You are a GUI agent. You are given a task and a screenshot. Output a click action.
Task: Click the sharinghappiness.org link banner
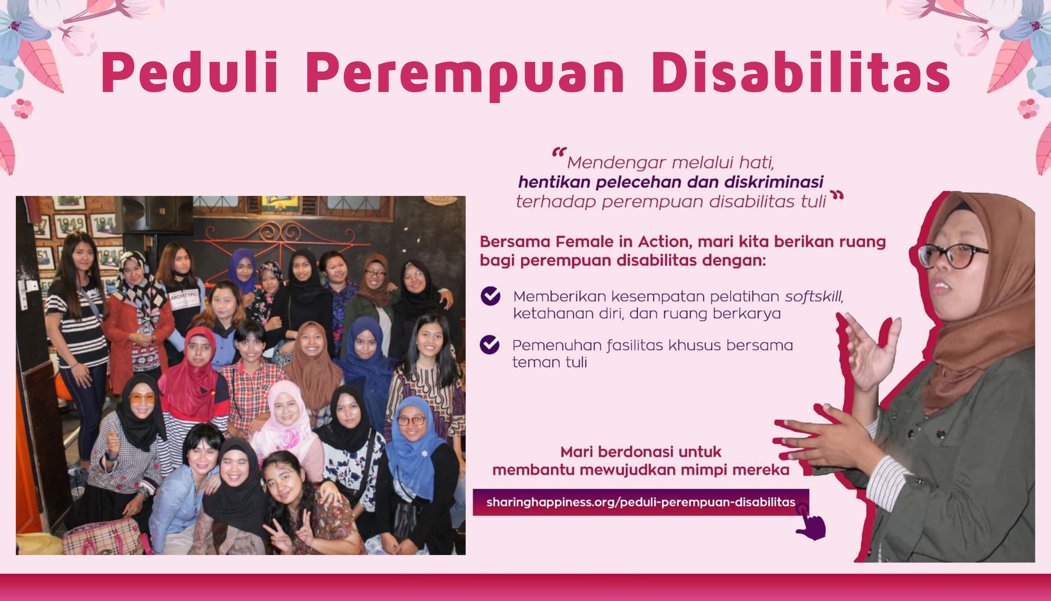coord(641,502)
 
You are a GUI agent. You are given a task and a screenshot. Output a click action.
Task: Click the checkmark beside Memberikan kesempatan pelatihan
coord(490,296)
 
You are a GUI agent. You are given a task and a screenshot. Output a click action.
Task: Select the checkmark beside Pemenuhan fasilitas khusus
coord(489,345)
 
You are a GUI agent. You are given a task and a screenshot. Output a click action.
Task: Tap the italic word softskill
coord(814,296)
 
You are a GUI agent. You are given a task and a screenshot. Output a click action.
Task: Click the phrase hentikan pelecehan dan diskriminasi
coord(671,182)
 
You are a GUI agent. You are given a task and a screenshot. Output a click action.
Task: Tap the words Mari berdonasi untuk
coord(641,452)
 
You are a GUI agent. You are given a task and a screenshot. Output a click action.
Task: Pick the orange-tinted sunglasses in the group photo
coord(142,399)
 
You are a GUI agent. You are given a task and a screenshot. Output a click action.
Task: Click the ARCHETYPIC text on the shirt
coord(184,295)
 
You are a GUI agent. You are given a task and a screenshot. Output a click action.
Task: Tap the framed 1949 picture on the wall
coord(70,225)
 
